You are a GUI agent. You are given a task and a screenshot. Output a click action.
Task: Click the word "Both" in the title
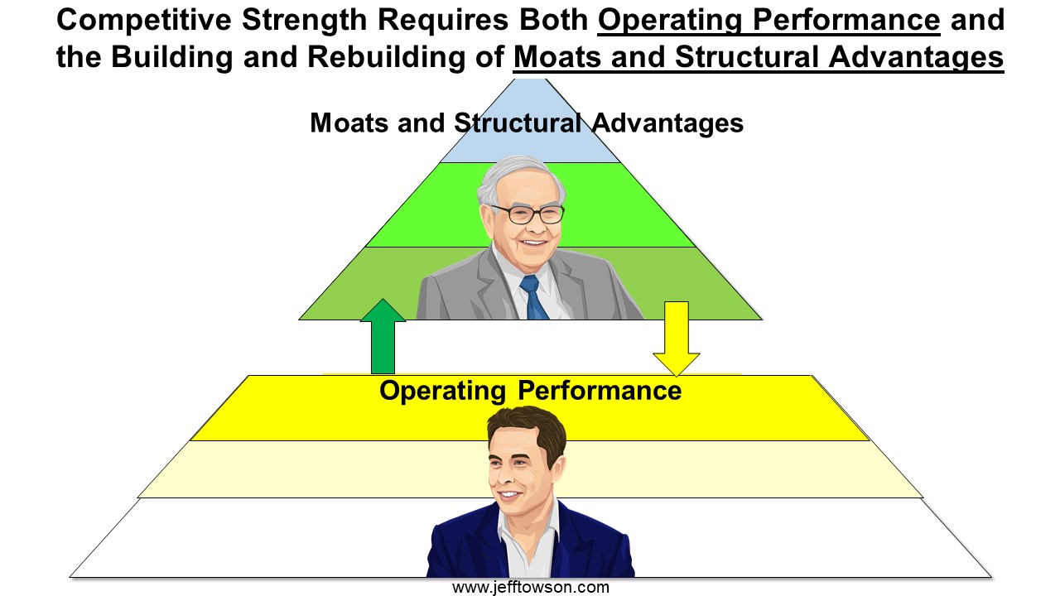point(554,20)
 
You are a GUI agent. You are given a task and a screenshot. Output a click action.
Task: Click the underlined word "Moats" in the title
point(557,57)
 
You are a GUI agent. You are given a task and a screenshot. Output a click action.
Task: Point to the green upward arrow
point(383,336)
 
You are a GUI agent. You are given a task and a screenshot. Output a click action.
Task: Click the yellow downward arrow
point(677,339)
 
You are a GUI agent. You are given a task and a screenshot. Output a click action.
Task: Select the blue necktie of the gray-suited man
point(532,297)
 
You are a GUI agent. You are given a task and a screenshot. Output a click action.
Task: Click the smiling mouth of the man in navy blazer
point(508,496)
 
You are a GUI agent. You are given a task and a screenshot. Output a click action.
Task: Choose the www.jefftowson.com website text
point(531,588)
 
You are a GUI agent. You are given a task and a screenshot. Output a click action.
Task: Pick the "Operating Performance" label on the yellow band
point(531,392)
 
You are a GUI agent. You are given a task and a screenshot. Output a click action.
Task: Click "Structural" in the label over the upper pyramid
point(518,123)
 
